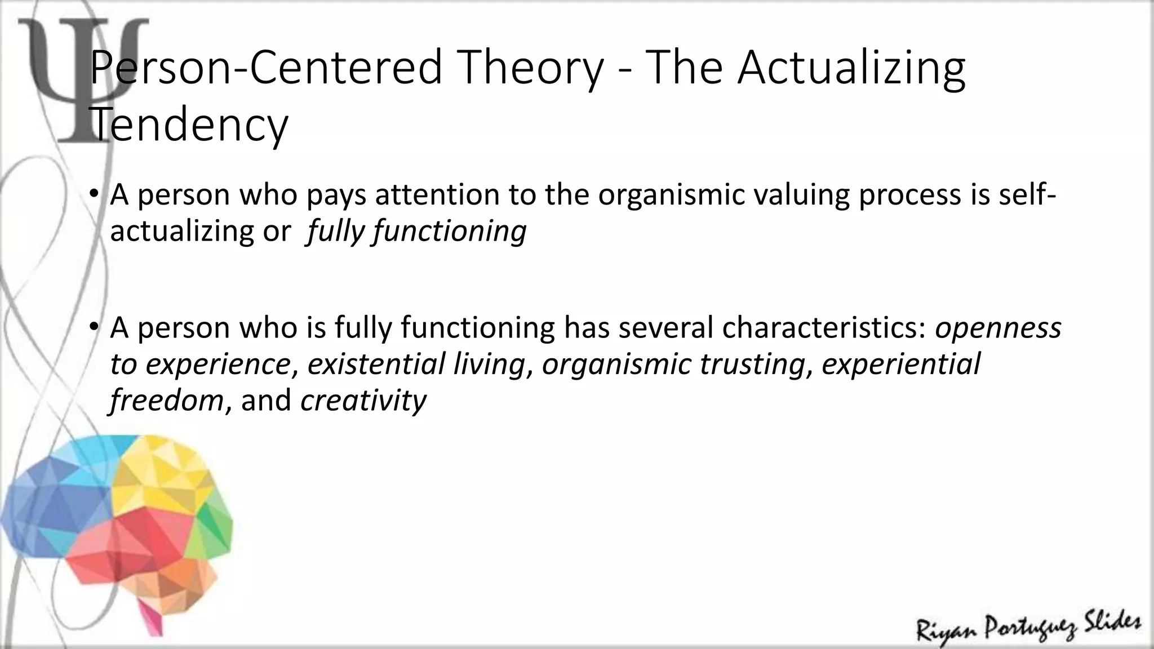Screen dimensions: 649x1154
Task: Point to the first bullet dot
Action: pyautogui.click(x=94, y=195)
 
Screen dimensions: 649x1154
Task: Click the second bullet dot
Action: pyautogui.click(x=94, y=327)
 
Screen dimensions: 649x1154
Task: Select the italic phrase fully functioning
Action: pyautogui.click(x=416, y=232)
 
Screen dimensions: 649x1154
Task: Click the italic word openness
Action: pyautogui.click(x=998, y=327)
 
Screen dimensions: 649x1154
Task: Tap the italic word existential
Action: pyautogui.click(x=376, y=364)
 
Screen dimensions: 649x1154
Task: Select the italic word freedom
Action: pyautogui.click(x=167, y=401)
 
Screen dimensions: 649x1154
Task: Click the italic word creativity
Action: pyautogui.click(x=363, y=401)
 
